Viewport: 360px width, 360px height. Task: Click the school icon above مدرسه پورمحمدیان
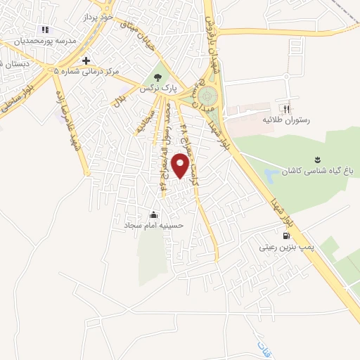[x=45, y=30]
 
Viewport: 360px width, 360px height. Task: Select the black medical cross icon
[x=86, y=60]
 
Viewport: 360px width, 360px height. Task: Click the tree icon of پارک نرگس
[x=157, y=77]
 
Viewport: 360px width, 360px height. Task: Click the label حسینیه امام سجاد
[x=153, y=226]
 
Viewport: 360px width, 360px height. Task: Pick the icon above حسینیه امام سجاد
[x=153, y=214]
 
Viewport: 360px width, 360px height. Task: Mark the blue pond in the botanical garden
[x=271, y=174]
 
